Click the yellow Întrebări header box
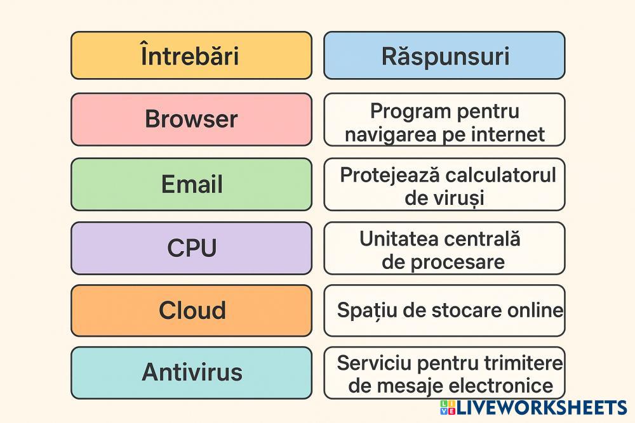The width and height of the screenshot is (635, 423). point(190,56)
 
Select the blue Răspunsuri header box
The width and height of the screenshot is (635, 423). point(444,56)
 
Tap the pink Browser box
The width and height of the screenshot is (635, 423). point(190,119)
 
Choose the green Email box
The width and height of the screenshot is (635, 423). point(190,184)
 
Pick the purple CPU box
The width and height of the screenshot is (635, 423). point(190,248)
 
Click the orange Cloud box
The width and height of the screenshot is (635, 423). point(190,310)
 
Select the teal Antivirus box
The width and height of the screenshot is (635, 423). point(190,372)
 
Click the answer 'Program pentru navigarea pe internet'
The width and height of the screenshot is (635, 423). point(444,122)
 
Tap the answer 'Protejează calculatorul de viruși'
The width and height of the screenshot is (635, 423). point(444,186)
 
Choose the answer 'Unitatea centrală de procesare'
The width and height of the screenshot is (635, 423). point(444,250)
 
